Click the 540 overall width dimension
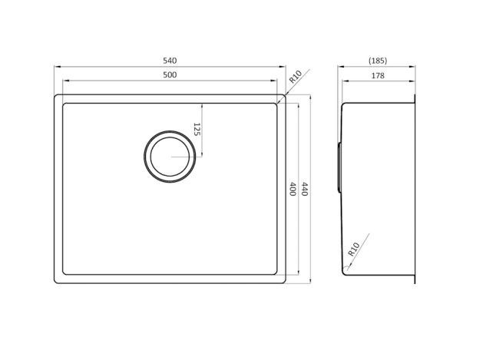click(171, 59)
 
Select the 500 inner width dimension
click(171, 74)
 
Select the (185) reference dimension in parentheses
click(377, 59)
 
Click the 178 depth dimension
click(377, 74)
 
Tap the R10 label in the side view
click(355, 248)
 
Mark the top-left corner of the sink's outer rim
click(55, 96)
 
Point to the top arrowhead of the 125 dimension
click(202, 104)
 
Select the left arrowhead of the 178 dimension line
click(342, 81)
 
